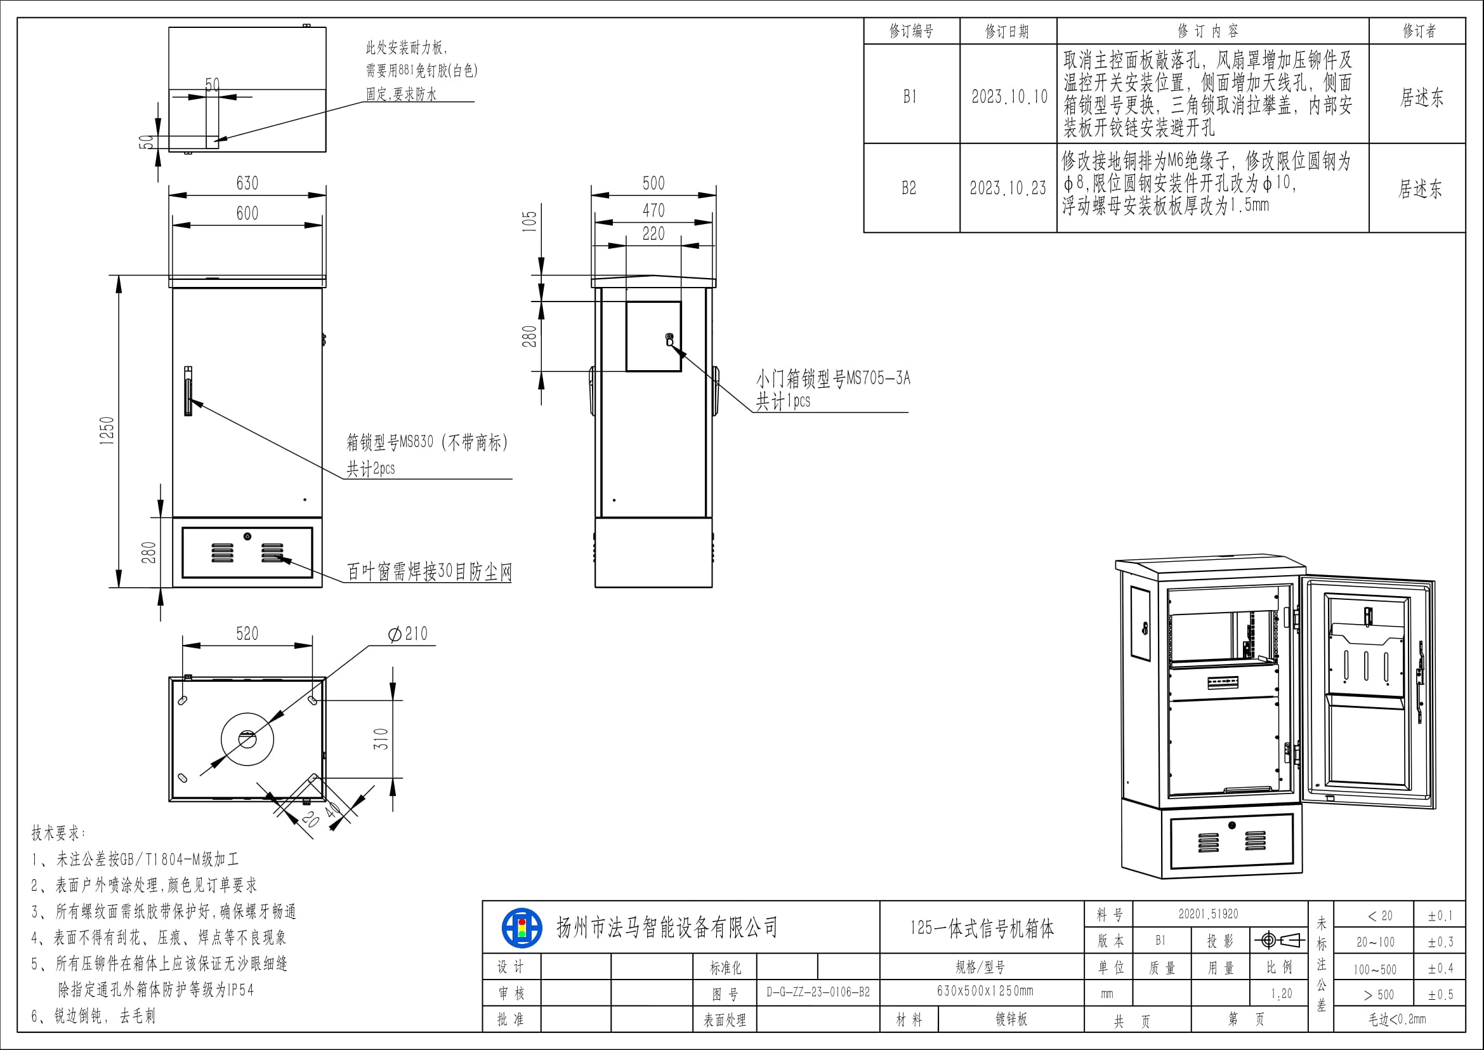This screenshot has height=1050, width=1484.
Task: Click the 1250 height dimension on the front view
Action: (107, 430)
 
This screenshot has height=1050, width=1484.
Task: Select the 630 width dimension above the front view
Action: (247, 183)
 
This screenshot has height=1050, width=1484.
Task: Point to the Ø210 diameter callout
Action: (408, 634)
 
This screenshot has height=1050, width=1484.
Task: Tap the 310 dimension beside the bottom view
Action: (381, 739)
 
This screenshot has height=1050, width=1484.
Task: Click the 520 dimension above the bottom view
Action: (247, 634)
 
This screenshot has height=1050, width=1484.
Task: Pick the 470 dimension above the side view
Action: (653, 211)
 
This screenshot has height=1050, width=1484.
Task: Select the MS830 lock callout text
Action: (426, 443)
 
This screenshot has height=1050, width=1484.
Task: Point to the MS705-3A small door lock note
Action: (832, 379)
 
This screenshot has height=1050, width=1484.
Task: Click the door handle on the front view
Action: (188, 391)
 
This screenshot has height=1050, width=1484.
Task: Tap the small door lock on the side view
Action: (669, 340)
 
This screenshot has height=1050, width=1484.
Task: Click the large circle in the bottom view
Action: (247, 739)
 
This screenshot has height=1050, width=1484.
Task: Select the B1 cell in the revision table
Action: (910, 97)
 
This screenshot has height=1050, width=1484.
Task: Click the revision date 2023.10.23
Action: (1008, 188)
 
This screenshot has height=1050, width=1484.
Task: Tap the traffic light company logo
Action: (522, 929)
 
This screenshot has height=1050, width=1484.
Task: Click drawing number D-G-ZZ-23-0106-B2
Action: (818, 992)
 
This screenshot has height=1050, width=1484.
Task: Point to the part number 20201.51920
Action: (1208, 914)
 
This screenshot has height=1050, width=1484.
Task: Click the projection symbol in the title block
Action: (1279, 940)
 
